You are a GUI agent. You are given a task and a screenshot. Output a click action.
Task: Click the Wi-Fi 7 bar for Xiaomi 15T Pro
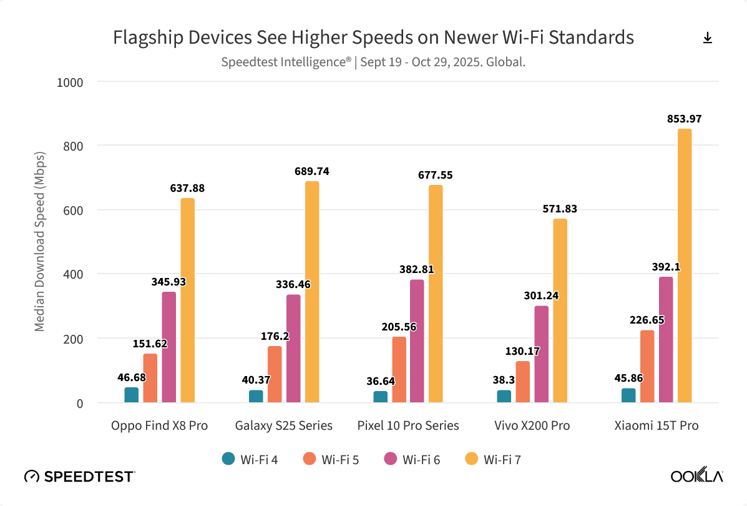685,265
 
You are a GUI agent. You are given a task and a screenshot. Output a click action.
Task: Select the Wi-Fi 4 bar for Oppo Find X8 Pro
132,395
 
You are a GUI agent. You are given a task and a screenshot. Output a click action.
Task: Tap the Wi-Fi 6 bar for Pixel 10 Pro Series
417,341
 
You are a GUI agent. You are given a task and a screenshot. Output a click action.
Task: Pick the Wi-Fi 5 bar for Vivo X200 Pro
522,382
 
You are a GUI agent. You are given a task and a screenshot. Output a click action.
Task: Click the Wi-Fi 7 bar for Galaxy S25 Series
312,292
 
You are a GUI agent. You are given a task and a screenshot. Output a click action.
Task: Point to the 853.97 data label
685,117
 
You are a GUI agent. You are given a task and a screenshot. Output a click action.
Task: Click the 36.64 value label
380,381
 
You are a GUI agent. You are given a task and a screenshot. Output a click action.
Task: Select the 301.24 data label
541,296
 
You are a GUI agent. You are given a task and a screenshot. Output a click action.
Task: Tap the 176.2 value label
275,335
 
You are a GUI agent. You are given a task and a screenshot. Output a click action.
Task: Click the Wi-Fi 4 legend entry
250,460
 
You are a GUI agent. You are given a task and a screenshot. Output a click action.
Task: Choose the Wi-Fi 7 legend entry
493,460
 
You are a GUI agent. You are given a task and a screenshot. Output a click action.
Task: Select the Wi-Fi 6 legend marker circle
391,459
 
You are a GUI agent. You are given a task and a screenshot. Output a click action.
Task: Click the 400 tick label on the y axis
74,274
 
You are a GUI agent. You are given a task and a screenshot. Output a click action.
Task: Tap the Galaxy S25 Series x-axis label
284,426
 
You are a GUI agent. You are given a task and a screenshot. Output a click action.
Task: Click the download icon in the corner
708,38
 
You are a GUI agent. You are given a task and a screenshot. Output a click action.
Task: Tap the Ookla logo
696,476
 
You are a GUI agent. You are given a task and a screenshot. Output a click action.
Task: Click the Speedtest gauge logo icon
31,477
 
